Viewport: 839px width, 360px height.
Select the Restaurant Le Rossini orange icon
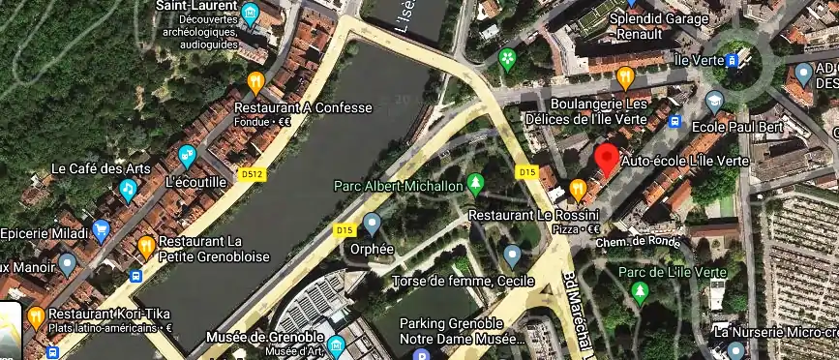[578, 187]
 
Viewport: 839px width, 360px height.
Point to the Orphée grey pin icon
[373, 225]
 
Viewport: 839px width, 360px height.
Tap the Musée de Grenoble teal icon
[335, 345]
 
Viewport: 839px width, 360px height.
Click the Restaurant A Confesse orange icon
[255, 82]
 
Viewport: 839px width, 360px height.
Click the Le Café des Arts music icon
[127, 189]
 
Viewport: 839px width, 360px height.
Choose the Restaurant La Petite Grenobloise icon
[146, 246]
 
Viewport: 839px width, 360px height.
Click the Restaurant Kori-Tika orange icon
[36, 315]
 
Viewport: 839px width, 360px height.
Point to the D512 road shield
[253, 175]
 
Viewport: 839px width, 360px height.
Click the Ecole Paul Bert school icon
[715, 100]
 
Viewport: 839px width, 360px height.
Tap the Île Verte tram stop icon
[734, 61]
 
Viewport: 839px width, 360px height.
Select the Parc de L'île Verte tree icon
[639, 290]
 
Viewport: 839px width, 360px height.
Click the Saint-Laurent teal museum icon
[250, 14]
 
